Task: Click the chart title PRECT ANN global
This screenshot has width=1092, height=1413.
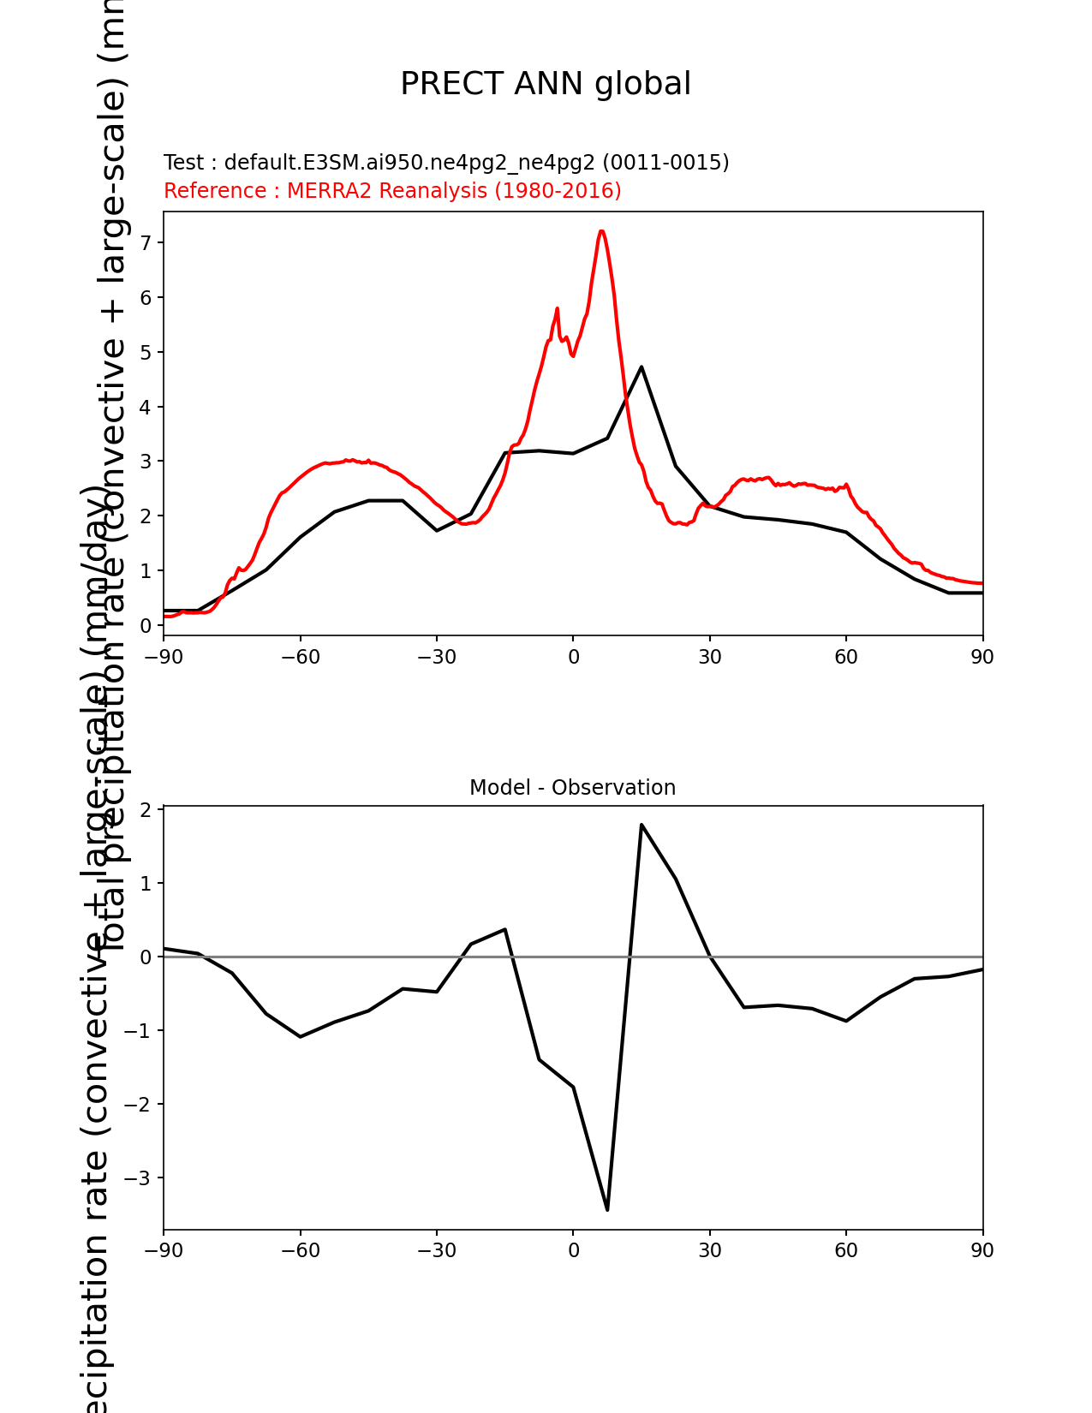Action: coord(546,84)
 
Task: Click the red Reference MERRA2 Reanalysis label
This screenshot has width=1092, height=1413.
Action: coord(392,191)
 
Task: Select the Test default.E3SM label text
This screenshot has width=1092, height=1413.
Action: coord(446,163)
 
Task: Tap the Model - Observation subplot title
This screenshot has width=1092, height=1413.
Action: coord(572,788)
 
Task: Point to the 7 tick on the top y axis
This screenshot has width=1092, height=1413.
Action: coord(146,243)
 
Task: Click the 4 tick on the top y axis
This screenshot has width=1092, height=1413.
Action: coord(146,407)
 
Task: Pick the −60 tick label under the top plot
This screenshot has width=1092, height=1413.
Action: coord(300,657)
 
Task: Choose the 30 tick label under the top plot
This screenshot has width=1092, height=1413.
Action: coord(709,657)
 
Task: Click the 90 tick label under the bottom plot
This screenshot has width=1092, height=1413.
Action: coord(982,1250)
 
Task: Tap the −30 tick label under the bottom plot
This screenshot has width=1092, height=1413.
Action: coord(436,1250)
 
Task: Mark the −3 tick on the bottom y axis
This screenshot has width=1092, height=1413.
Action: coord(139,1178)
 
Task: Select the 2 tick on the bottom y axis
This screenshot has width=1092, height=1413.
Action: coord(146,809)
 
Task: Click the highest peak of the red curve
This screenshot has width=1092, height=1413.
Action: coord(602,231)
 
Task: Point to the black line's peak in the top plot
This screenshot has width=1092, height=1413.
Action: coord(641,367)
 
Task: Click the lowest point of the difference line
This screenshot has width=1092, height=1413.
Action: coord(607,1209)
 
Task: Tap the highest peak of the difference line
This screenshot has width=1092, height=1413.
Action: coord(641,825)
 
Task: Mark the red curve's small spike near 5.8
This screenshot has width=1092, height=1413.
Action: coord(558,308)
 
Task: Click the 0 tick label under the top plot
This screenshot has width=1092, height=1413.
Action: coord(573,657)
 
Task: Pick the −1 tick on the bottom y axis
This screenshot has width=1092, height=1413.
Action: coord(139,1030)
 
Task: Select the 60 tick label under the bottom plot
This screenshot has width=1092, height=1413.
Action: coord(846,1250)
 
